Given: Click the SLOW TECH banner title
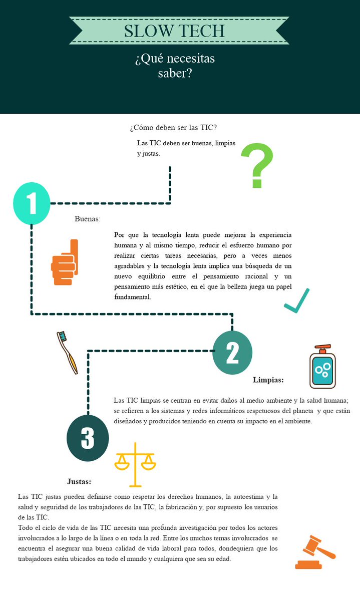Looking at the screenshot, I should [x=174, y=31].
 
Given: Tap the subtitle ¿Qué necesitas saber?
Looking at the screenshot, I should [x=175, y=66].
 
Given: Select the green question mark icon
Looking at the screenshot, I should [x=257, y=166].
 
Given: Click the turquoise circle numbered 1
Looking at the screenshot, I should [x=32, y=203].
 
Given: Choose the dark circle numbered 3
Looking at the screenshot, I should [x=88, y=438].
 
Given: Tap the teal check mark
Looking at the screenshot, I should [x=297, y=301].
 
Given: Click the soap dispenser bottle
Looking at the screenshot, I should [x=322, y=368].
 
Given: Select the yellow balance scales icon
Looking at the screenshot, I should [x=135, y=464].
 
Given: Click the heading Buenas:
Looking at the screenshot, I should [x=88, y=219].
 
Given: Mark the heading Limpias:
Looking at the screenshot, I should [x=268, y=380].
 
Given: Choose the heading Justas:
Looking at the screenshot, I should [x=79, y=481].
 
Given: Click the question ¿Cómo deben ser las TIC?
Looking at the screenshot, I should [x=173, y=128].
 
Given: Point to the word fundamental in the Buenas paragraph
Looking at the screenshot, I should [x=132, y=297].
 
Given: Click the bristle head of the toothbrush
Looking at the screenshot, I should [x=62, y=335].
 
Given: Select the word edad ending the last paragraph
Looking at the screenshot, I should [x=222, y=559].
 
